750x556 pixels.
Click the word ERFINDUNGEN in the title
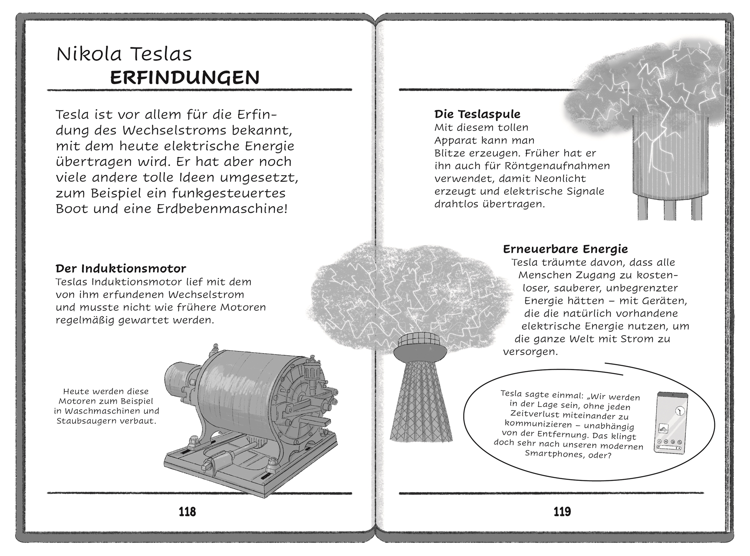[184, 78]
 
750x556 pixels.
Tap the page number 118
[187, 512]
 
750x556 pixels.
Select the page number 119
[562, 512]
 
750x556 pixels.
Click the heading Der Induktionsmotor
[121, 268]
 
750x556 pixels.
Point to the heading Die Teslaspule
[477, 114]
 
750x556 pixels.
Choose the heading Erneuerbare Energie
[565, 249]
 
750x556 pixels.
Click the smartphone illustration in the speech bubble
[671, 422]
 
